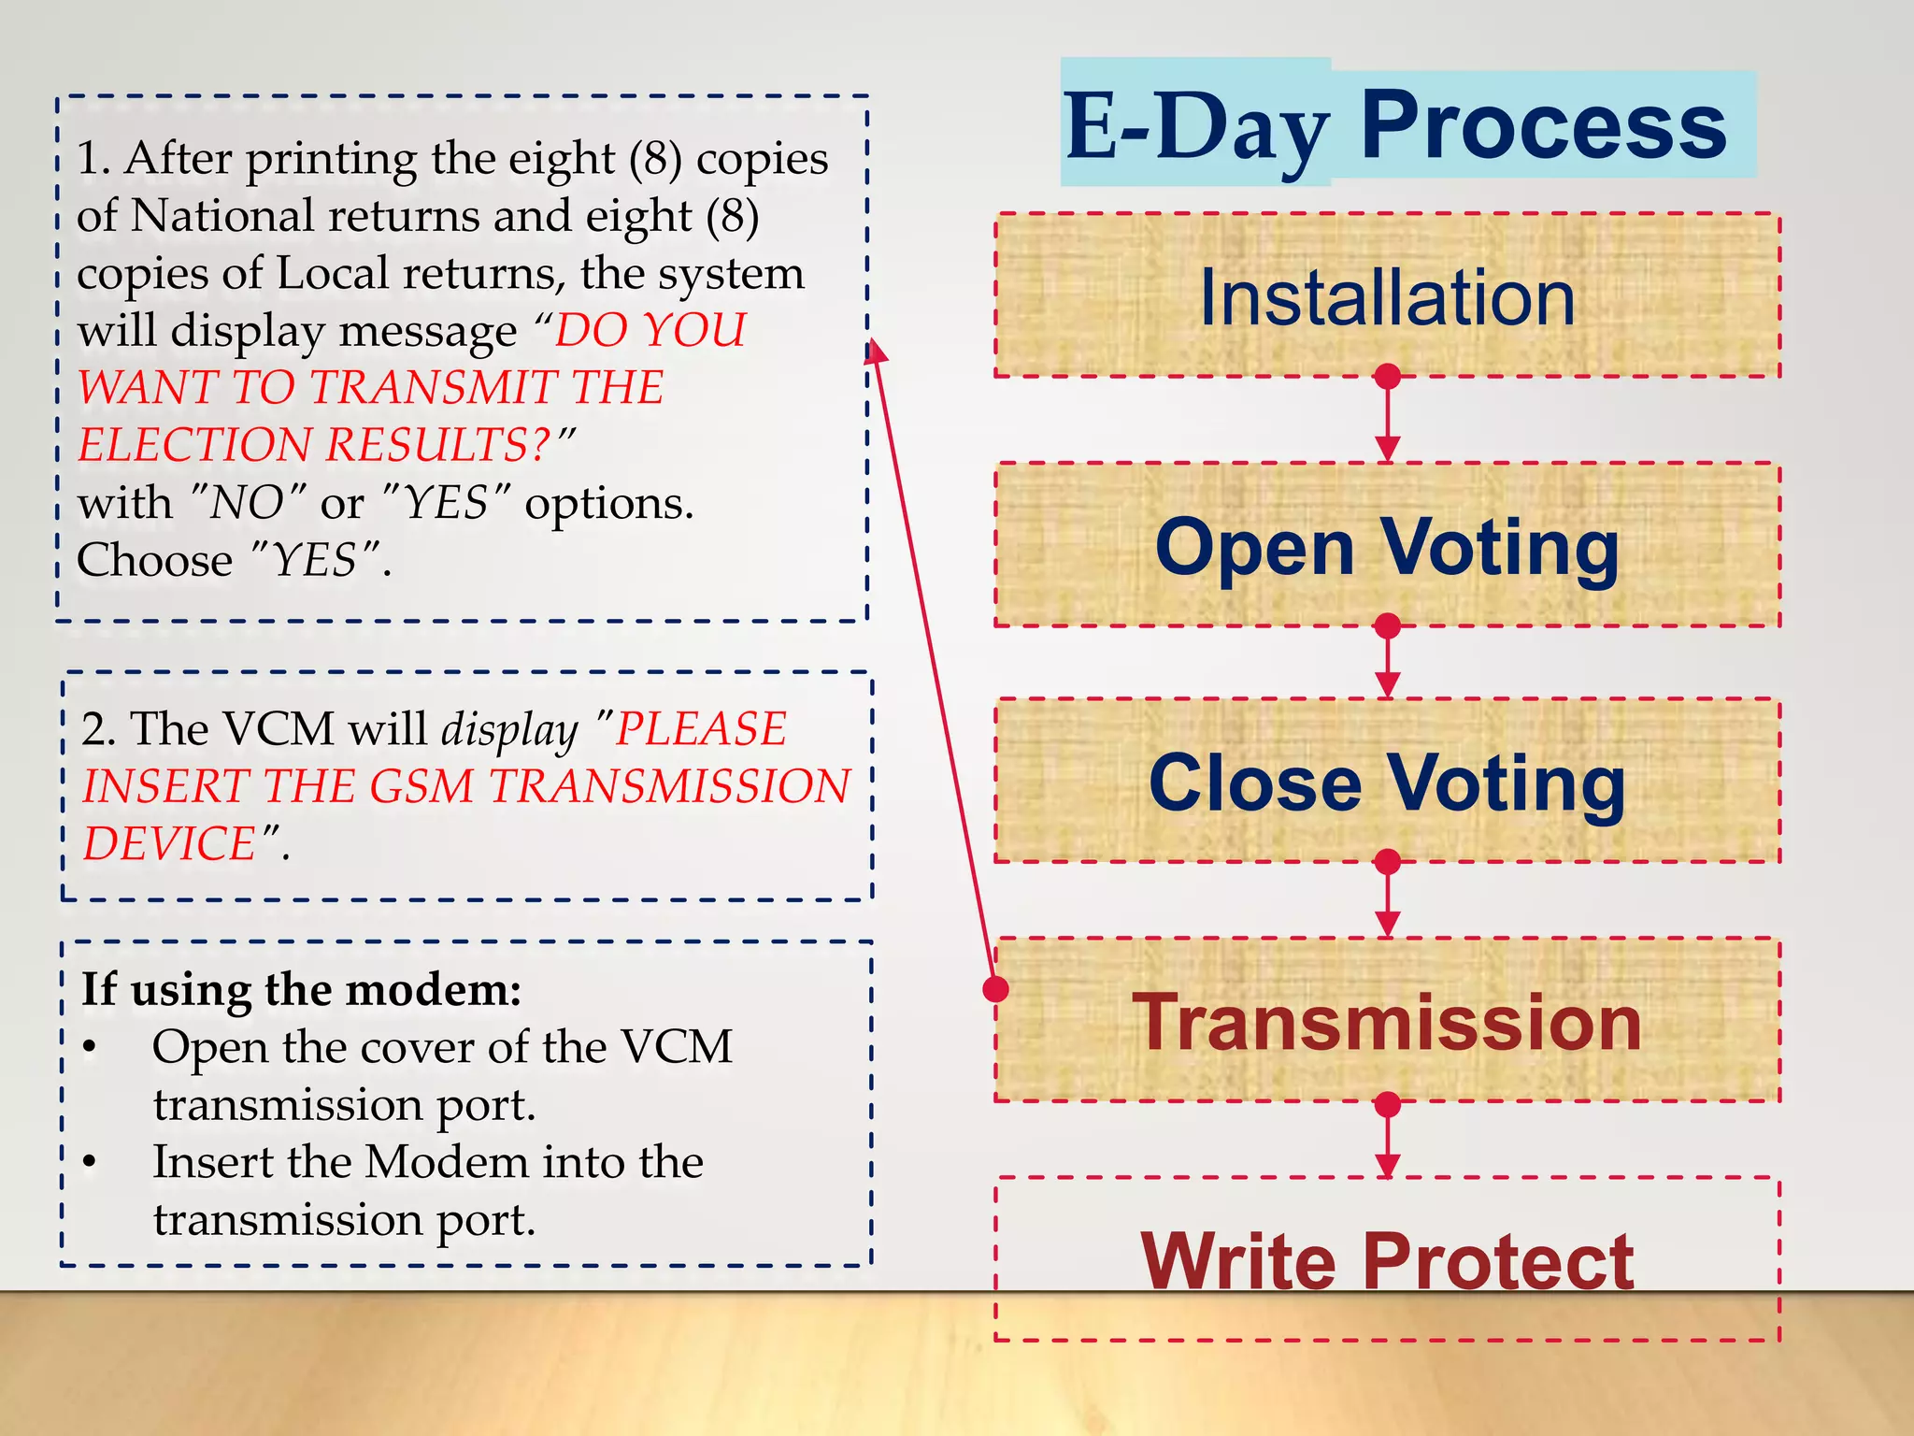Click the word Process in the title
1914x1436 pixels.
(1542, 125)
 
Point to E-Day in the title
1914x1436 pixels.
(1196, 127)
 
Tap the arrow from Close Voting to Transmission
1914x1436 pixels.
(1388, 897)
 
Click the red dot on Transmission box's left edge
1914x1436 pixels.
(996, 988)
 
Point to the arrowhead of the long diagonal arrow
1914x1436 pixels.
(875, 352)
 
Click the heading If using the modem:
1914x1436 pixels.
(301, 989)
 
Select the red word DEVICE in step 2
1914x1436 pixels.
(169, 843)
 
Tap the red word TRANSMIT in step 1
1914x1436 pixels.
(440, 387)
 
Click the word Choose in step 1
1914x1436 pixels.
(154, 560)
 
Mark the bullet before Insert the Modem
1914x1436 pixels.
(90, 1162)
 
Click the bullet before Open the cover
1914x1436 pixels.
(90, 1047)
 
